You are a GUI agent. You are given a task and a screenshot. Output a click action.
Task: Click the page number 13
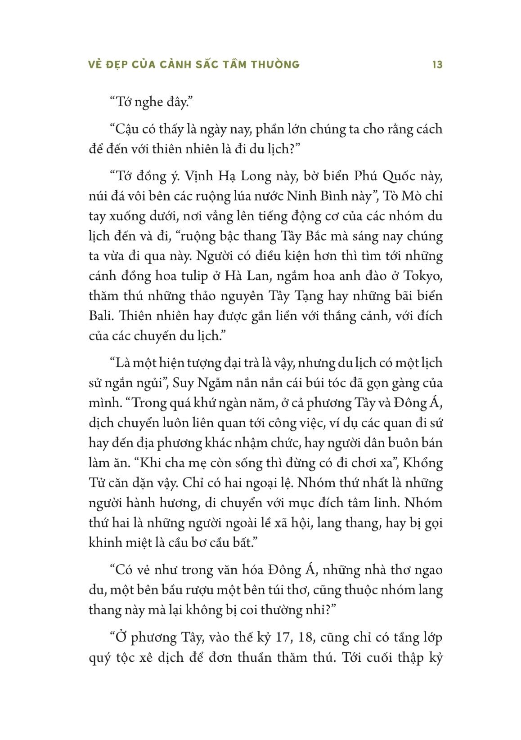[x=437, y=65]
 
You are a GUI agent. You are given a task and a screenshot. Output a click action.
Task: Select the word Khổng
[x=425, y=463]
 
